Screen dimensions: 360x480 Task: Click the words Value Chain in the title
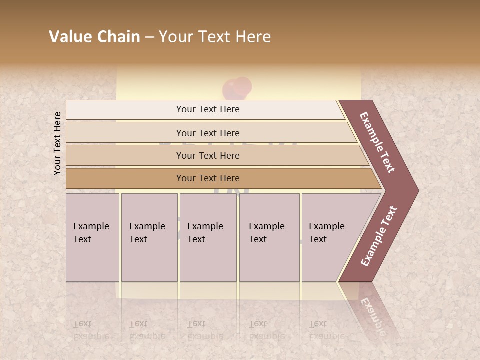tap(94, 37)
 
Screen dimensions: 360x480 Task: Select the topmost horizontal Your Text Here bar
tap(207, 109)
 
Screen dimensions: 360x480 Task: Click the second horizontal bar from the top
tap(207, 133)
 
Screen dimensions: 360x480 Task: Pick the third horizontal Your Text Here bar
tap(207, 155)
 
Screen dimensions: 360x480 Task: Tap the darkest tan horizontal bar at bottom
tap(207, 178)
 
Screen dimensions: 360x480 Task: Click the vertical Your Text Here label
tap(57, 143)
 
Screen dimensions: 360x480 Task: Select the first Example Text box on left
tap(92, 237)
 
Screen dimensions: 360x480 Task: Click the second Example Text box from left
tap(149, 237)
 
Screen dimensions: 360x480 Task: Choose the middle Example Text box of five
tap(208, 237)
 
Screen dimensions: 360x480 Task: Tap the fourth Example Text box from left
tap(269, 237)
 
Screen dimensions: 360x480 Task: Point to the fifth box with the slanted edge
tap(330, 237)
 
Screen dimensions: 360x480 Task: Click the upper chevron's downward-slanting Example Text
tap(378, 142)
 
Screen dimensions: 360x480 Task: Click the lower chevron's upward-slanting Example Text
tap(379, 236)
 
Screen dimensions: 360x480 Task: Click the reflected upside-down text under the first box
tap(91, 330)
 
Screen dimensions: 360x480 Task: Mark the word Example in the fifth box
tap(326, 226)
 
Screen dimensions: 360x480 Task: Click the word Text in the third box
tap(196, 239)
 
